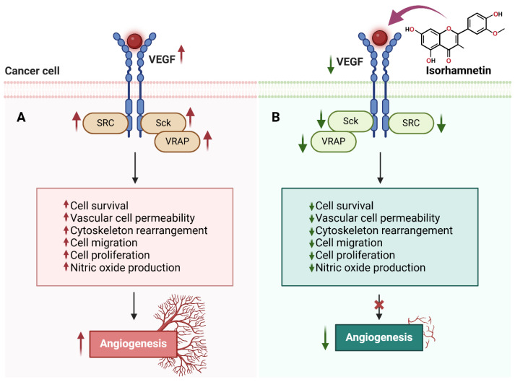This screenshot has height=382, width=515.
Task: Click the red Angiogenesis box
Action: pos(134,344)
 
